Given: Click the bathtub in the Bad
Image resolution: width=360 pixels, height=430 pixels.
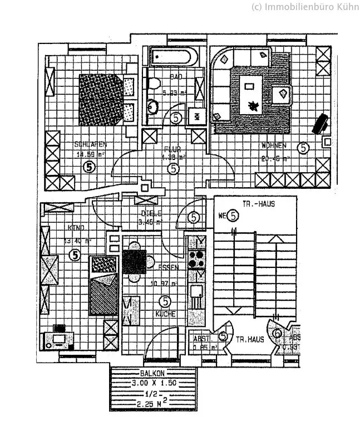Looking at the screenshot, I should coord(172,57).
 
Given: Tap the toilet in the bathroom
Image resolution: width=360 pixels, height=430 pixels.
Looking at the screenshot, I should coord(155,84).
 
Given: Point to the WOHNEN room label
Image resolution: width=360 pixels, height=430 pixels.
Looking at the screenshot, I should coord(274,145).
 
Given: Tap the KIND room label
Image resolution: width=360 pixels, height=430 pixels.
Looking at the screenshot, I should coord(75,228).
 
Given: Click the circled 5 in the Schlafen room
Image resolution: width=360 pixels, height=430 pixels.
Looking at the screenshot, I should coord(90,166).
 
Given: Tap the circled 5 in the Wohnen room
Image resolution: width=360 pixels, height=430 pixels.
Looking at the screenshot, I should coord(303,148).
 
